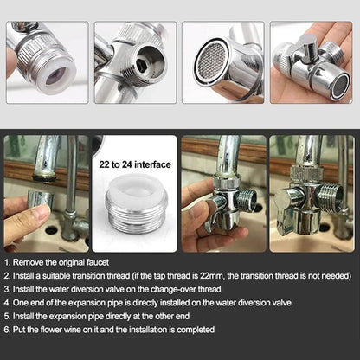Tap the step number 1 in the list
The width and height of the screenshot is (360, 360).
[7, 260]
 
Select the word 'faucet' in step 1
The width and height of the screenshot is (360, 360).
[94, 260]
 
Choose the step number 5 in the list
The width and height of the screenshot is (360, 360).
[7, 316]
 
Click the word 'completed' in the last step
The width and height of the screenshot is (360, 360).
[190, 330]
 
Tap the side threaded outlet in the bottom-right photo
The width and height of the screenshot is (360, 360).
[332, 196]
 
